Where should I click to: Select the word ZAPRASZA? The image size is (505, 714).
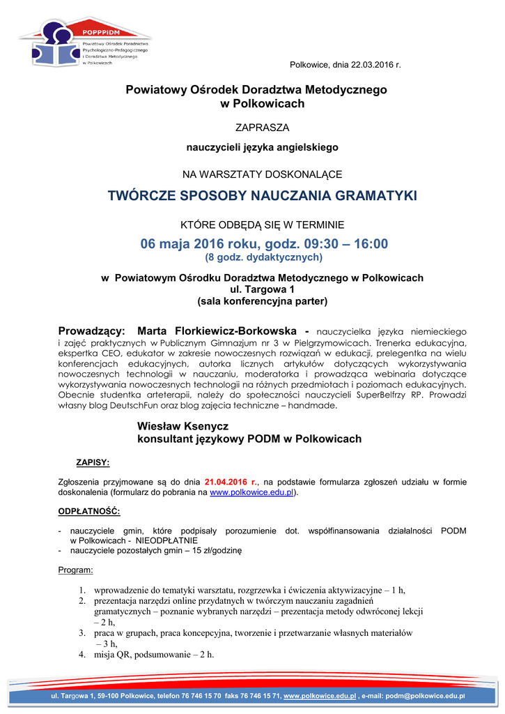262,128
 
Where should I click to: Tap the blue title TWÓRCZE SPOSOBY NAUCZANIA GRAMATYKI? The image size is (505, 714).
262,196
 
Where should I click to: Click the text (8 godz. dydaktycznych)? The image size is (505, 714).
263,257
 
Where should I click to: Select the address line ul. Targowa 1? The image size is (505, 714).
262,289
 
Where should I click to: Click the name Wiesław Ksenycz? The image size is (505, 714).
182,425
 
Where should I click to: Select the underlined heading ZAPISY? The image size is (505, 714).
92,462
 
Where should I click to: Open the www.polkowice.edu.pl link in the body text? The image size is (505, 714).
251,492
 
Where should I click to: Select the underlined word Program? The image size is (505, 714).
75,570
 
